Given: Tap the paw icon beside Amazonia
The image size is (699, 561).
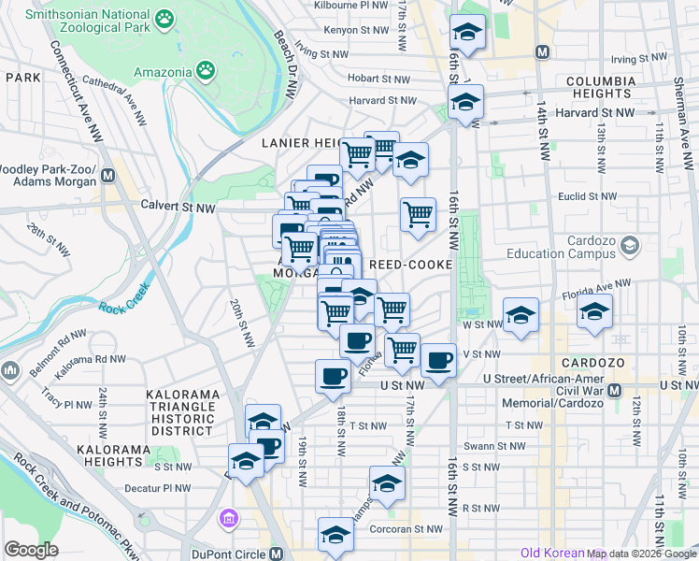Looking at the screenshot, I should pyautogui.click(x=205, y=71).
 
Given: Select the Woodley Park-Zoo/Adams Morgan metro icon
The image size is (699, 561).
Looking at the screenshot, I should pyautogui.click(x=108, y=174).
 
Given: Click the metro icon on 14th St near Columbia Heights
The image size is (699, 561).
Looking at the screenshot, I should pyautogui.click(x=541, y=51).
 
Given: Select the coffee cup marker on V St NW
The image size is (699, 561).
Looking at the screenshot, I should pyautogui.click(x=437, y=360).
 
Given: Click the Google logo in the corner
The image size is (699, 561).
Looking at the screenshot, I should pyautogui.click(x=31, y=550).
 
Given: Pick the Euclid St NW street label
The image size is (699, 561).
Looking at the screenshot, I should pyautogui.click(x=585, y=197).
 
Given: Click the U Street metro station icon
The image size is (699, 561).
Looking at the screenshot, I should pyautogui.click(x=615, y=390).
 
